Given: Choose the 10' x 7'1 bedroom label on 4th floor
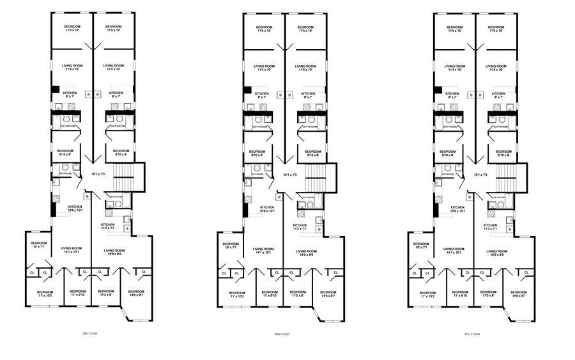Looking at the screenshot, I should (421, 246).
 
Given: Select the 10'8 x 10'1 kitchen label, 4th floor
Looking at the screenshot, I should (457, 209).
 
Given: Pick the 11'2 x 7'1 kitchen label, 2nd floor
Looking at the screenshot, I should (107, 227).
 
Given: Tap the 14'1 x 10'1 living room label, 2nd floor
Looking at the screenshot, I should (71, 250).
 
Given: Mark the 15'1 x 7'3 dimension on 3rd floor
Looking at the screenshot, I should (288, 174).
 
